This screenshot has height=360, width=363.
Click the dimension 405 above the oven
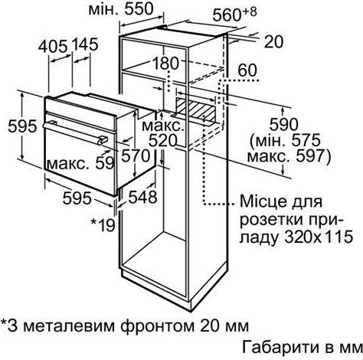pyautogui.click(x=53, y=47)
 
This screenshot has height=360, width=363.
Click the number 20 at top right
pyautogui.click(x=273, y=41)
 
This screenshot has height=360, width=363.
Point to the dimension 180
pyautogui.click(x=165, y=63)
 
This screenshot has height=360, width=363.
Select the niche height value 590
pyautogui.click(x=283, y=124)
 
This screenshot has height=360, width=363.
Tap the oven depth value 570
pyautogui.click(x=136, y=155)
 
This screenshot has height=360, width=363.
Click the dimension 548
pyautogui.click(x=142, y=197)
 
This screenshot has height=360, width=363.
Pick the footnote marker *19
pyautogui.click(x=103, y=225)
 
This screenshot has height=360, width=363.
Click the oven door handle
pyautogui.click(x=75, y=133)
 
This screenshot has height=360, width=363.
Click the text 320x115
pyautogui.click(x=319, y=237)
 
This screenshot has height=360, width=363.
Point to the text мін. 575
pyautogui.click(x=286, y=140)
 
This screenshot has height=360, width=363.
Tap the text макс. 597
pyautogui.click(x=289, y=155)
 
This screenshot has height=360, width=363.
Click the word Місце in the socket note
pyautogui.click(x=260, y=201)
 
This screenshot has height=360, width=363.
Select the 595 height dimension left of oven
pyautogui.click(x=22, y=126)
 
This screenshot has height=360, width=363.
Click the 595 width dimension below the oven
pyautogui.click(x=77, y=198)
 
